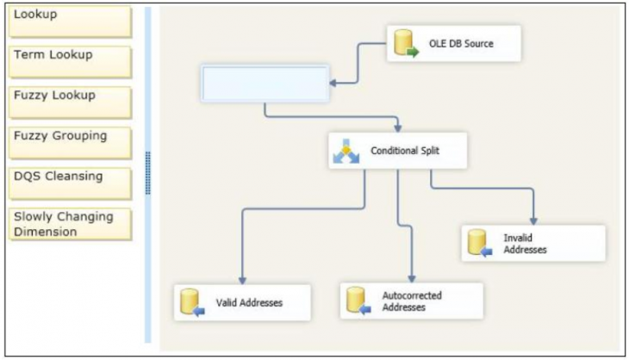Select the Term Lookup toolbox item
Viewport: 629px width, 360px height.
[x=69, y=61]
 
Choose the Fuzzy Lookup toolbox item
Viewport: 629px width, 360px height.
[x=69, y=102]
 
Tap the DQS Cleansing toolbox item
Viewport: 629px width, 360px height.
[x=69, y=183]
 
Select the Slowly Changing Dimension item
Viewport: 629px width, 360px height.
[x=69, y=224]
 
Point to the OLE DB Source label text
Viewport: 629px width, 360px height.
[x=461, y=44]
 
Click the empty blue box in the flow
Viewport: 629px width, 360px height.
[x=265, y=84]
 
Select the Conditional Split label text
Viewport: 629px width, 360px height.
[x=405, y=151]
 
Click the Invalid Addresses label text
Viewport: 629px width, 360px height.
[x=526, y=244]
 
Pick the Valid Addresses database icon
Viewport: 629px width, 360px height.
[x=190, y=303]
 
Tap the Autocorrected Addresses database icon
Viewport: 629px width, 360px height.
[x=357, y=301]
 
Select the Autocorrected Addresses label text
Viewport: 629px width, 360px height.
[x=412, y=301]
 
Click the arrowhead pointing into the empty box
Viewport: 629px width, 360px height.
[x=333, y=84]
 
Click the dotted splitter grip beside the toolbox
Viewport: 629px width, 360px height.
[x=147, y=172]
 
